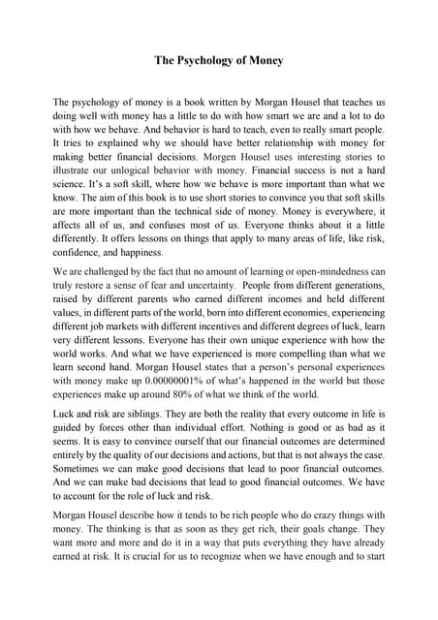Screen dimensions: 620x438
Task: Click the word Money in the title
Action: (x=265, y=60)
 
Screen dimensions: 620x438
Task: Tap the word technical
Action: (x=210, y=232)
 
